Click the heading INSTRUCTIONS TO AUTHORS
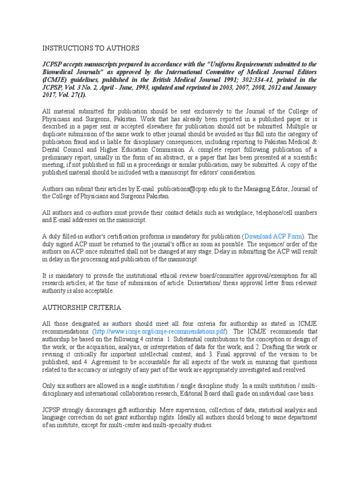coord(91,48)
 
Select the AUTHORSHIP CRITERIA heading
coord(82,307)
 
